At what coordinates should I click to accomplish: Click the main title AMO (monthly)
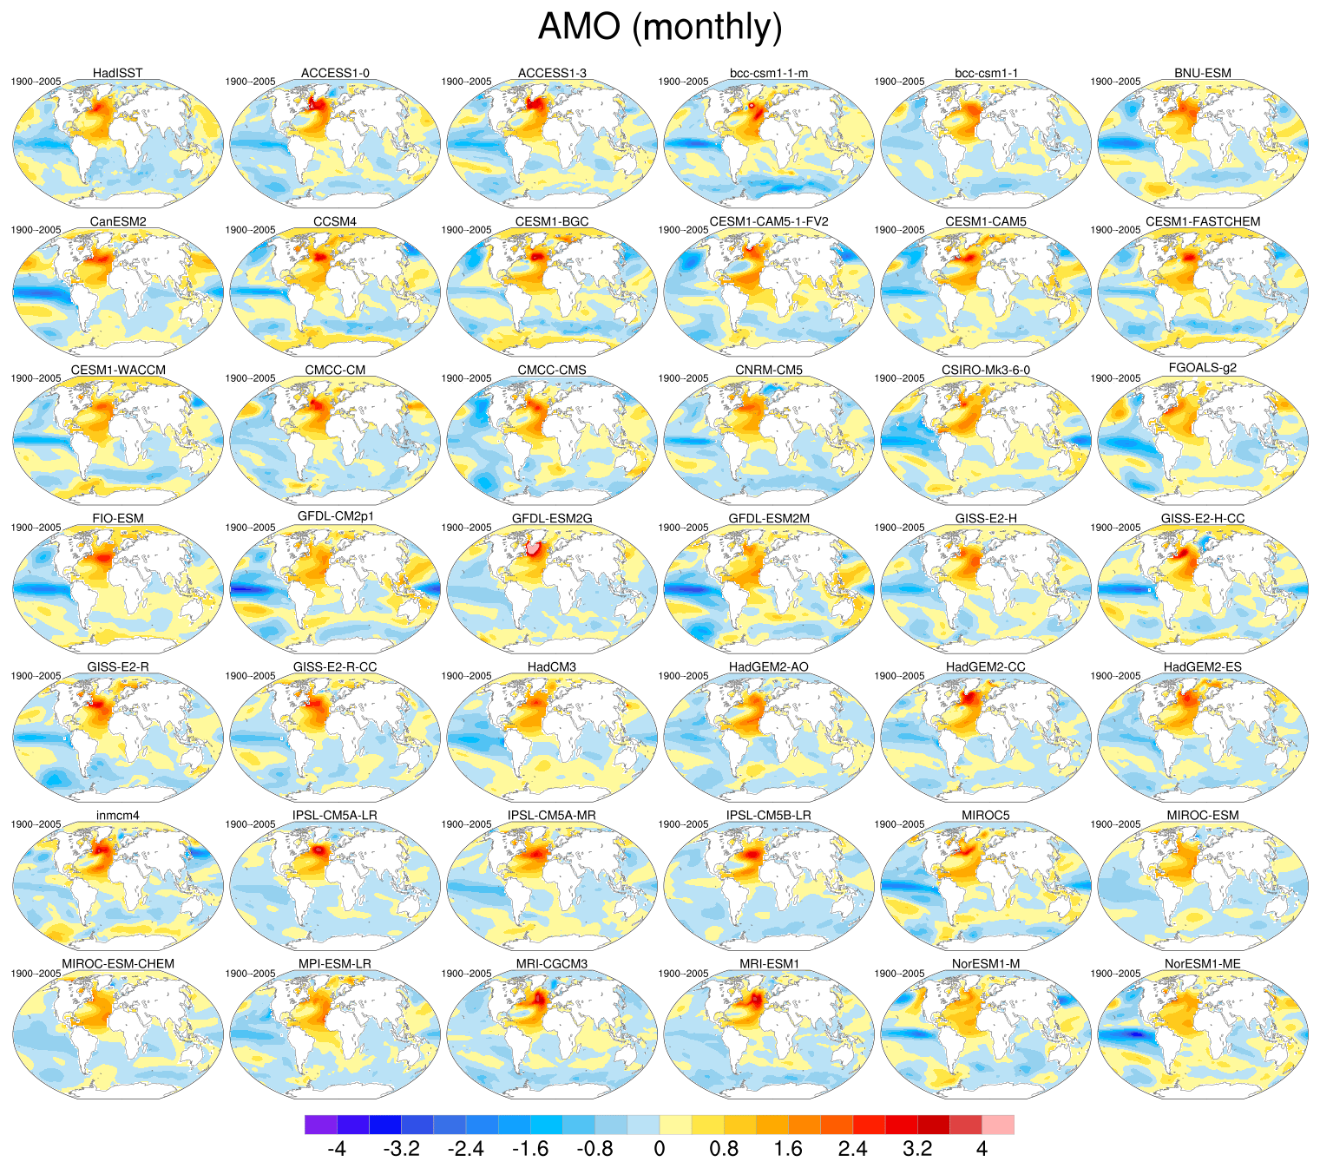point(660,27)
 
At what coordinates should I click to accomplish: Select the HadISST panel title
point(118,73)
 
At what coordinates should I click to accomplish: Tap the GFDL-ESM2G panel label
point(552,519)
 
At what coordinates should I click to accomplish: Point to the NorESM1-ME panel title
point(1203,964)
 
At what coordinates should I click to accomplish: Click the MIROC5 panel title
point(986,816)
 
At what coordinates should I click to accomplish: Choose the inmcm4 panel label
point(118,816)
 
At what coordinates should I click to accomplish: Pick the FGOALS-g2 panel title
point(1203,368)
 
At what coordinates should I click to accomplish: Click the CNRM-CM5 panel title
point(769,371)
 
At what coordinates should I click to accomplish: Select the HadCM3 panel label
point(552,667)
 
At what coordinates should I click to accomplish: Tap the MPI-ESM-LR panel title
point(335,964)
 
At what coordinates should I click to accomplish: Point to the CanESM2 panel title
point(118,222)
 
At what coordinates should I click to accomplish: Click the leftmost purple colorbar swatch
point(321,1125)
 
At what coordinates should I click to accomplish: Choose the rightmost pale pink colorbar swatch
point(998,1125)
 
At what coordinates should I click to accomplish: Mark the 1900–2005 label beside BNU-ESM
point(1115,82)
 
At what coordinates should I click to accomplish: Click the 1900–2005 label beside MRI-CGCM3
point(467,974)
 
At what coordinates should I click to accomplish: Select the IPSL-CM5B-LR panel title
point(769,816)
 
